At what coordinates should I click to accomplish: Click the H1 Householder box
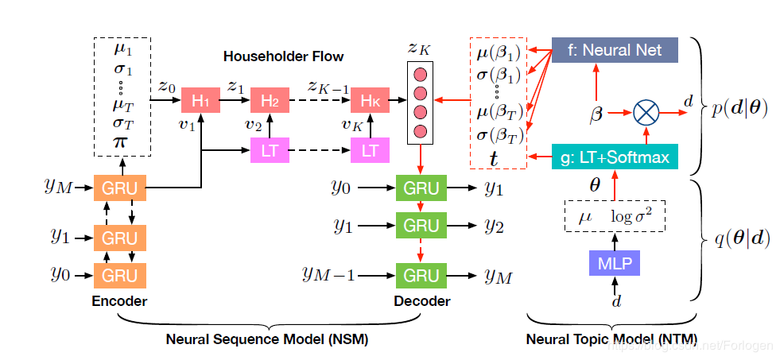coord(199,100)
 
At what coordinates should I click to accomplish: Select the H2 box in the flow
coord(270,100)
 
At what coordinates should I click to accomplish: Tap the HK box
coord(371,100)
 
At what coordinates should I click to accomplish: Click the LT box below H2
coord(270,149)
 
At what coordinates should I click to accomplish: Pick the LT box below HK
coord(371,149)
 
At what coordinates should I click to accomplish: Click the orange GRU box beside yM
coord(120,189)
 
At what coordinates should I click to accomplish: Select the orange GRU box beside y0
coord(120,275)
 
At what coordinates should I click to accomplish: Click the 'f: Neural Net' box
coord(614,50)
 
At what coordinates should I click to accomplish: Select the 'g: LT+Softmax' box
coord(614,157)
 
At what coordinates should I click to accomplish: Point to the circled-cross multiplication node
coord(647,114)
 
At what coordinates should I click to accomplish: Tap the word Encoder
coord(119,301)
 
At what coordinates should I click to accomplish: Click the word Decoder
coord(421,301)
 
